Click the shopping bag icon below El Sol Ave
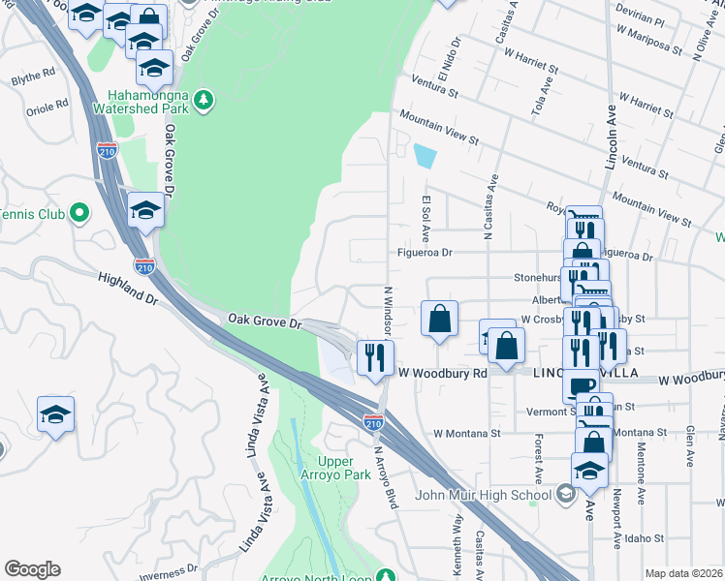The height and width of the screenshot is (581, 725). point(440,318)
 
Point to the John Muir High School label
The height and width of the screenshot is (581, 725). point(483,497)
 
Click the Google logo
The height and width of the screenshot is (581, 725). point(32,569)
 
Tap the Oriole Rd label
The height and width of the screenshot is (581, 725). point(47,104)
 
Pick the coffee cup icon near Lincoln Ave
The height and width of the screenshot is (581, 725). point(583,384)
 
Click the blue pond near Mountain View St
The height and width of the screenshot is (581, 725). point(426,156)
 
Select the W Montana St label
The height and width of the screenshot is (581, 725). point(467,433)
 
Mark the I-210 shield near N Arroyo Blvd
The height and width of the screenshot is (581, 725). point(373,423)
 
